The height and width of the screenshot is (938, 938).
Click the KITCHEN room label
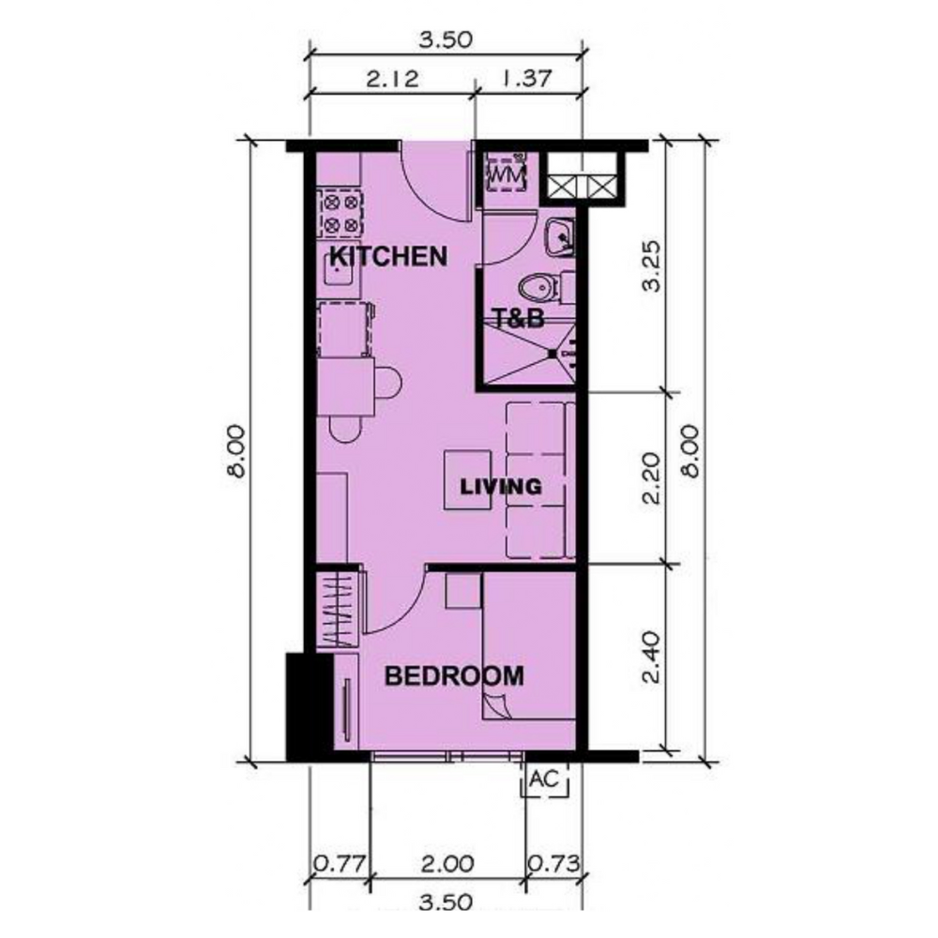tap(388, 257)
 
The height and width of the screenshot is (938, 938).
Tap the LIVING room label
tap(501, 486)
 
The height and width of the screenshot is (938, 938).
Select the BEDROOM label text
tap(454, 676)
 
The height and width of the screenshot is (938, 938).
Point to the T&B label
tap(518, 318)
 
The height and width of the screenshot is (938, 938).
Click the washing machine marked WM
tap(507, 173)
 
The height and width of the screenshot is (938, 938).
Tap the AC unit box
tap(544, 780)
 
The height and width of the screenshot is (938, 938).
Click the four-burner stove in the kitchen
tap(340, 213)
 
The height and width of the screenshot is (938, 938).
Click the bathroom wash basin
tap(560, 237)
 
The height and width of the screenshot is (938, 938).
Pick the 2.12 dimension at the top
tap(392, 79)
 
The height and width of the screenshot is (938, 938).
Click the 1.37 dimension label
tap(526, 79)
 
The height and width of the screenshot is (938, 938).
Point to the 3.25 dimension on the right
tap(652, 265)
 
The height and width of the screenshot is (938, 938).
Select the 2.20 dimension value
tap(652, 478)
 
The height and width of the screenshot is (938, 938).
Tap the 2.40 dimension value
tap(652, 658)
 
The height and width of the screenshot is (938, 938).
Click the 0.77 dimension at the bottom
tap(340, 864)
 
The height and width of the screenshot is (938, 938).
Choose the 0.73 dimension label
tap(554, 864)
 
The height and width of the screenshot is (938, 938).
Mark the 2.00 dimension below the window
tap(446, 864)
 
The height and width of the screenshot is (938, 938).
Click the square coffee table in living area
tap(467, 480)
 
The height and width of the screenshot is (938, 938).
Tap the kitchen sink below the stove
tap(339, 272)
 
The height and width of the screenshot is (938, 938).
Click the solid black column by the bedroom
tap(309, 707)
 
